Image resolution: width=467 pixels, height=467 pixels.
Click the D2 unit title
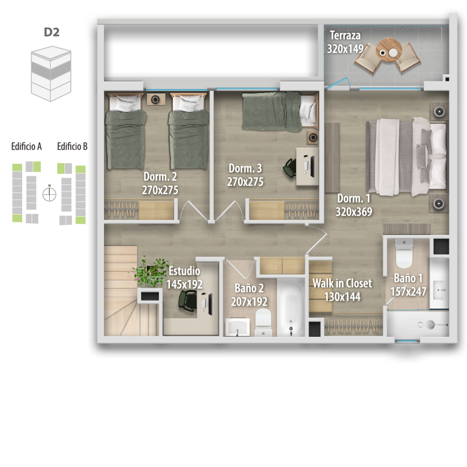click(51, 32)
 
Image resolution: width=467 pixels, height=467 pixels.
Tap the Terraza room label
click(345, 36)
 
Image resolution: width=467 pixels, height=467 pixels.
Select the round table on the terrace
click(389, 49)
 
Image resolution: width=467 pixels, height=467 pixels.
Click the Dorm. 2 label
click(160, 176)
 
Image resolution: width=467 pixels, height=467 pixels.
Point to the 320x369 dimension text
click(354, 212)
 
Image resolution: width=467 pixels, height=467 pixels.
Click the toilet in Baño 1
click(404, 253)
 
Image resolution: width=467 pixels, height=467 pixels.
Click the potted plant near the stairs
click(152, 271)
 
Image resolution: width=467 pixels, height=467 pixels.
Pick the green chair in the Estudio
click(188, 301)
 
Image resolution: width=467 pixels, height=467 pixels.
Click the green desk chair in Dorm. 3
click(290, 167)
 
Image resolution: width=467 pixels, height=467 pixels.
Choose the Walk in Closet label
click(342, 283)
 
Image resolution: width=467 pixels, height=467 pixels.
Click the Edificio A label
click(27, 146)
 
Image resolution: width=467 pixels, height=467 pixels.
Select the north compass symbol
click(49, 194)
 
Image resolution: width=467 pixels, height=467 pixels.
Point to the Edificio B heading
click(72, 146)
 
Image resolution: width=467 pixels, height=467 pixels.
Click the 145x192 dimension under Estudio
click(184, 285)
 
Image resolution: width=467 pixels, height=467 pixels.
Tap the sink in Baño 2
click(237, 327)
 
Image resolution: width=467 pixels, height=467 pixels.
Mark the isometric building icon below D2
click(51, 73)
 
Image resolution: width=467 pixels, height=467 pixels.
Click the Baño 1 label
click(408, 278)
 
